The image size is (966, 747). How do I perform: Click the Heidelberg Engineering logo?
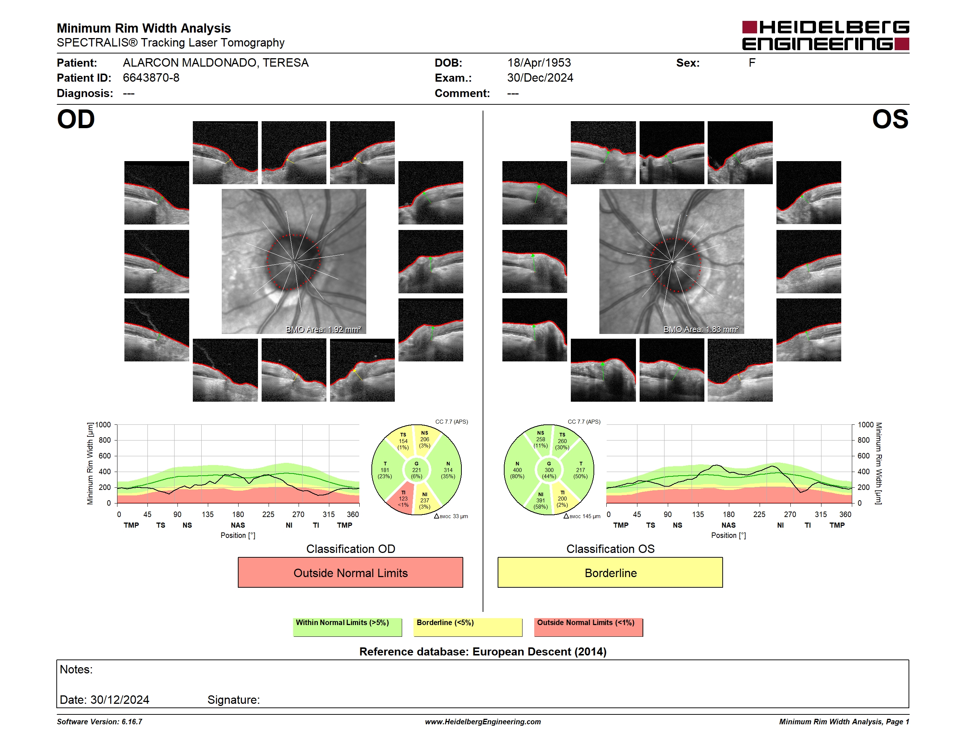(x=825, y=36)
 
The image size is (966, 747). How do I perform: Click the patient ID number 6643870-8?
(x=151, y=78)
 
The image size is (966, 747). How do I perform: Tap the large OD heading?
(x=76, y=119)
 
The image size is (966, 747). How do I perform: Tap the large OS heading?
(x=890, y=119)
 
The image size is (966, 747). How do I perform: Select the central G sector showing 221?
(x=416, y=470)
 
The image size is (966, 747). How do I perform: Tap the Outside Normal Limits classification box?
(x=350, y=572)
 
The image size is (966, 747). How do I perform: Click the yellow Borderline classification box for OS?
(x=610, y=572)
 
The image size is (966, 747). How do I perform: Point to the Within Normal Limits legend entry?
(x=347, y=627)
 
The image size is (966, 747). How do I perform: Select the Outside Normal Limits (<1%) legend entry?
(x=588, y=627)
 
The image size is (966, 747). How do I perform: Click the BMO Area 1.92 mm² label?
(x=323, y=329)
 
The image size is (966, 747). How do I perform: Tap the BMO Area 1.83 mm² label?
(x=701, y=329)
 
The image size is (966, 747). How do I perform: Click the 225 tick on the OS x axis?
(x=759, y=514)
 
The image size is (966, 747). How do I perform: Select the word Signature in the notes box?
(x=233, y=700)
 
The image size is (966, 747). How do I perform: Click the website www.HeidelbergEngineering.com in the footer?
(x=483, y=722)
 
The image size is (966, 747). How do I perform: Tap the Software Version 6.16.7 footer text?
(x=100, y=722)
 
